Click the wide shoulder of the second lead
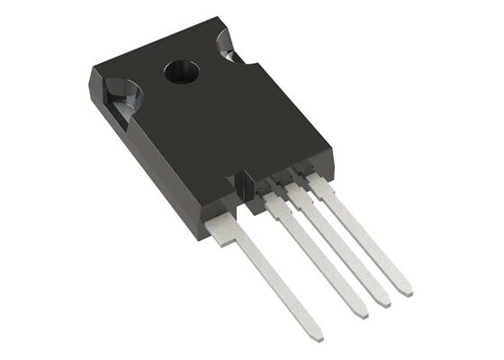[275, 200]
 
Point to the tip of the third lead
[385, 301]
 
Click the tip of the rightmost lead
[408, 291]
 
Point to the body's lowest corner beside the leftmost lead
[197, 237]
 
